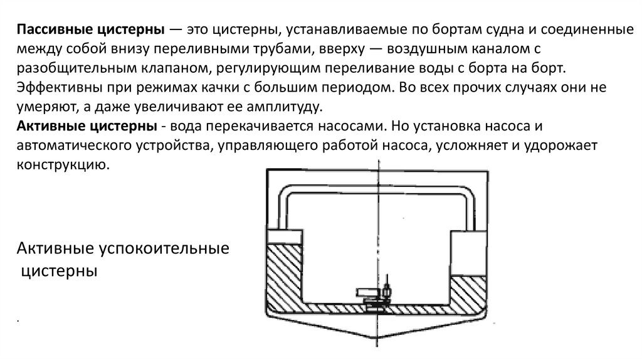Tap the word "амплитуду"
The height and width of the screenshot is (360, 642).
click(x=279, y=104)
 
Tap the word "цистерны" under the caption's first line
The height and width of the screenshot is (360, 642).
click(x=59, y=272)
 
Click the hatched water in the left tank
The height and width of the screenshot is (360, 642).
click(x=286, y=276)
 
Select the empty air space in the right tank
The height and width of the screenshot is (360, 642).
click(x=469, y=251)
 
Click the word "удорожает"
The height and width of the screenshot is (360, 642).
click(x=565, y=146)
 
